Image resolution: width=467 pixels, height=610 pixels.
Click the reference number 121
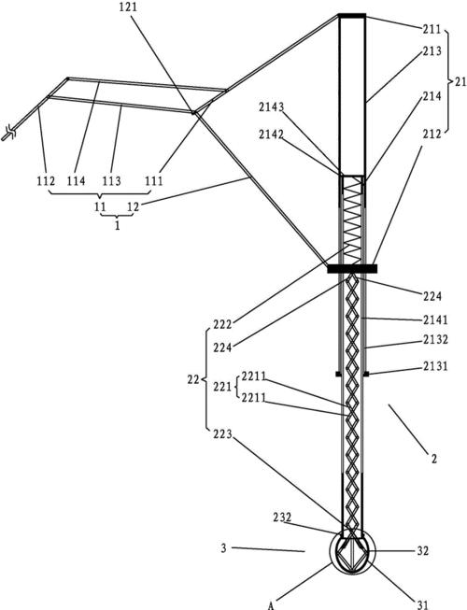(129, 7)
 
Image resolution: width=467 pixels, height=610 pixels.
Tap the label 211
(432, 29)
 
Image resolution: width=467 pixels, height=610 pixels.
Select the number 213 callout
(432, 51)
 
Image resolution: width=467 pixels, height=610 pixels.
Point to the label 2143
(272, 107)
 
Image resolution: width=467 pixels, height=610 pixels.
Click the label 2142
(272, 135)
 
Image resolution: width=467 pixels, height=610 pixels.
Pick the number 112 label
(46, 181)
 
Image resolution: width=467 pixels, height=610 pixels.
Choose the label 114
(77, 181)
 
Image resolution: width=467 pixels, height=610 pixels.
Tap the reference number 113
(111, 181)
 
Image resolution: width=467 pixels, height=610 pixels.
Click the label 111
(154, 181)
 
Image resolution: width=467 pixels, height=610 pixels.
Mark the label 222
(222, 324)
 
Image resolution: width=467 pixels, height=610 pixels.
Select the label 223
(222, 434)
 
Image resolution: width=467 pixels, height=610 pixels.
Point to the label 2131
(435, 366)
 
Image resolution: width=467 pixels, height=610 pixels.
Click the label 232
(282, 517)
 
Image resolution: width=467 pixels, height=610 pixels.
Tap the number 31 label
(423, 604)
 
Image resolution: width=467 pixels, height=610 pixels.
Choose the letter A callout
(272, 605)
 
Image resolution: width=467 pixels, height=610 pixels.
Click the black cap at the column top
(352, 16)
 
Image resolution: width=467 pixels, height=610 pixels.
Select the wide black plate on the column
(352, 269)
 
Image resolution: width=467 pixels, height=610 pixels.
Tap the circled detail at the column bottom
(352, 552)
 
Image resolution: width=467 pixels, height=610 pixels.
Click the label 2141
(435, 319)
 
